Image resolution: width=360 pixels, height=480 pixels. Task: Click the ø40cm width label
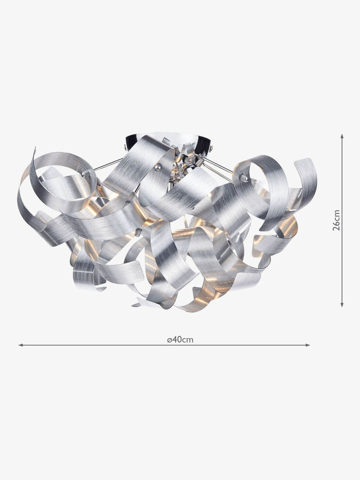pyautogui.click(x=180, y=340)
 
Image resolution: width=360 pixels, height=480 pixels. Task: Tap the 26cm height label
pyautogui.click(x=337, y=220)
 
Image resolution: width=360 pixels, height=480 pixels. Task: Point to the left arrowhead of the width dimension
pyautogui.click(x=21, y=345)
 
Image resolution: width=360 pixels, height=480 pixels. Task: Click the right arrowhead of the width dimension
pyautogui.click(x=308, y=345)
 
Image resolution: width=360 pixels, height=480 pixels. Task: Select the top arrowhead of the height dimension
pyautogui.click(x=342, y=136)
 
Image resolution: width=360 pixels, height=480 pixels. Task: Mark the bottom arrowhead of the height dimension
pyautogui.click(x=342, y=304)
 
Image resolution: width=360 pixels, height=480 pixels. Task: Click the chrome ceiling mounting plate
pyautogui.click(x=167, y=141)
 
